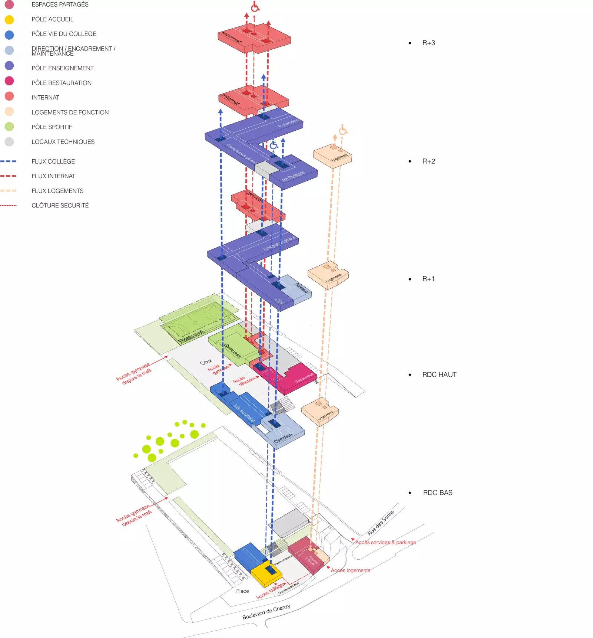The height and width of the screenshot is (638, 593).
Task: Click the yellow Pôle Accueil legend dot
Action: point(9,20)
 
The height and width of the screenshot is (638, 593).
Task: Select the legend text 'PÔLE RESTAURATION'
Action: point(62,83)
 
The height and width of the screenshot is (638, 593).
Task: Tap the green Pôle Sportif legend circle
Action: point(9,127)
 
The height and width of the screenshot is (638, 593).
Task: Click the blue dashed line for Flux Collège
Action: point(9,161)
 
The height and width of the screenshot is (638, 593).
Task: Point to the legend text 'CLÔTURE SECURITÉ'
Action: point(60,205)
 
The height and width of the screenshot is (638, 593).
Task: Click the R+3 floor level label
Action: point(428,43)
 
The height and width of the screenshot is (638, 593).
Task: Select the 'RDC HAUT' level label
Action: point(439,374)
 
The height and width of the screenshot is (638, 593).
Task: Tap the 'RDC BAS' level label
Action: point(438,493)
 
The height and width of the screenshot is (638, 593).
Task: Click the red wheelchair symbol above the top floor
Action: point(255,6)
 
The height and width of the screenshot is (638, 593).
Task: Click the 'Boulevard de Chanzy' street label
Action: point(266,612)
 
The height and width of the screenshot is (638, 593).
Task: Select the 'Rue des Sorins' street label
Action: point(381,523)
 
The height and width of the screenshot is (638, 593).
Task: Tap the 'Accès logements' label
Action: point(350,570)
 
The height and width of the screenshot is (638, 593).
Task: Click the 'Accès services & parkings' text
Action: point(385,542)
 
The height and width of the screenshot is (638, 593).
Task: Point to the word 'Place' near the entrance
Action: point(242,591)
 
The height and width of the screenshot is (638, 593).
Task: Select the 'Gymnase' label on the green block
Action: point(232,350)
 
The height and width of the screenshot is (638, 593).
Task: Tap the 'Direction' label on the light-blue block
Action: point(283,438)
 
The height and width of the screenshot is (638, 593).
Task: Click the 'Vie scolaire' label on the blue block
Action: point(244,413)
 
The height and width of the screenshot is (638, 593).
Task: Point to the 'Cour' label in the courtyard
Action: point(206,361)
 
